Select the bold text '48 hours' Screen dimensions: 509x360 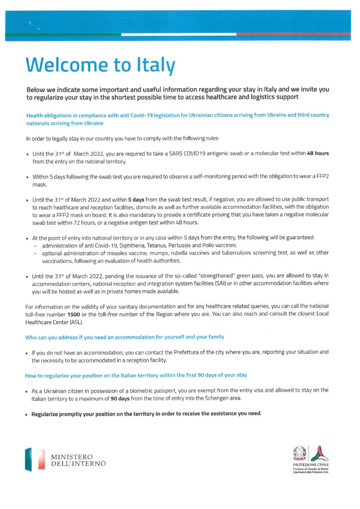[x=318, y=153]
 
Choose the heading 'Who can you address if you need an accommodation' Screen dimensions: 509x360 [x=124, y=338]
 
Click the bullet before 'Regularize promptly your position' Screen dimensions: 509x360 [x=27, y=414]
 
